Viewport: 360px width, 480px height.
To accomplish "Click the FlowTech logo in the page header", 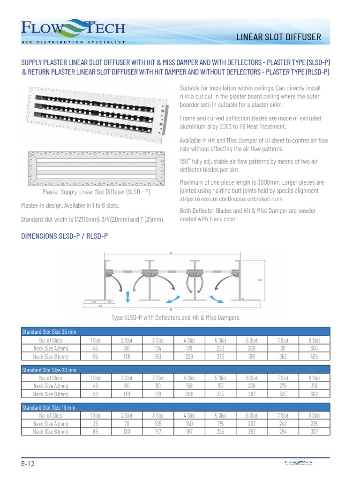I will [73, 31].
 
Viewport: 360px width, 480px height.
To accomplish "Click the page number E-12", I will [28, 464].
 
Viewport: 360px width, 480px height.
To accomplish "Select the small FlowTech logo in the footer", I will [298, 463].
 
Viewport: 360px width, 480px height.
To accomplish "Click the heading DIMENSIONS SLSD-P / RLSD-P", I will [65, 236].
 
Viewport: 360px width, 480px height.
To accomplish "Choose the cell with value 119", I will [158, 386].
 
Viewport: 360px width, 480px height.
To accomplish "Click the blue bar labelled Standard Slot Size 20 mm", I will [175, 370].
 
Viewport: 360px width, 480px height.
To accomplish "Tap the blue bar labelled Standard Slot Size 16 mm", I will [175, 407].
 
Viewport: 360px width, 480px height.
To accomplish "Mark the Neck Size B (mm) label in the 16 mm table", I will [51, 432].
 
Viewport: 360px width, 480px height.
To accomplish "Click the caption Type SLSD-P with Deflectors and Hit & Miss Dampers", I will [175, 318].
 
